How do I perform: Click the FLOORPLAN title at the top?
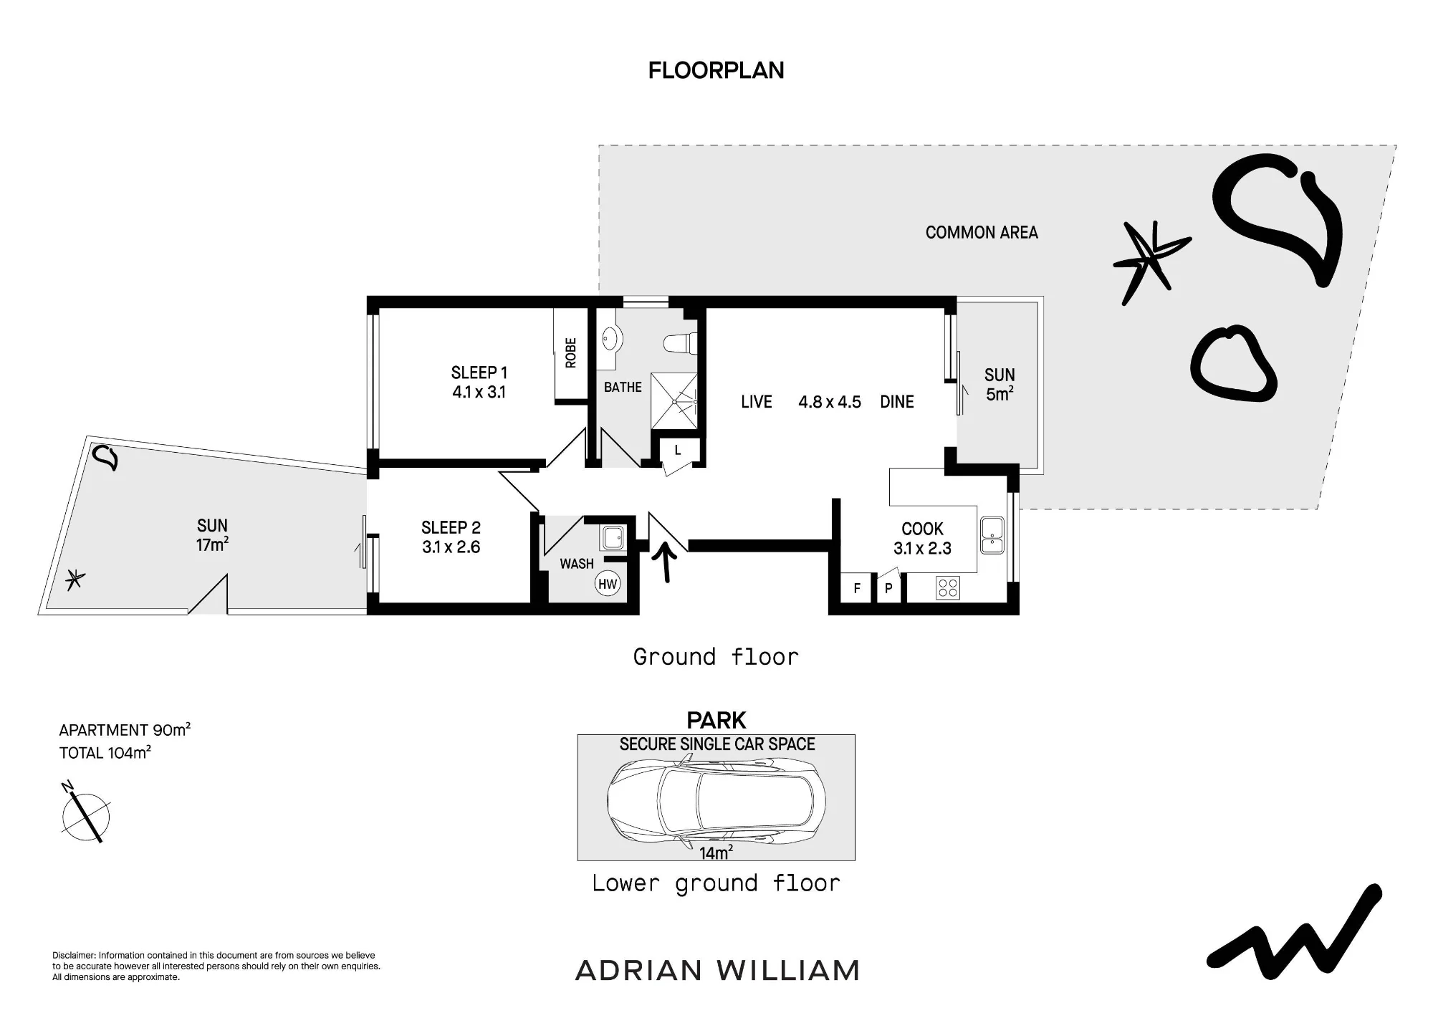[716, 70]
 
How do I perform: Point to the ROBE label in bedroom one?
[571, 352]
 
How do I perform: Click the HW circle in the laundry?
[608, 584]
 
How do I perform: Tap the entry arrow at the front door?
[666, 561]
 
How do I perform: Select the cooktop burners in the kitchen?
[948, 588]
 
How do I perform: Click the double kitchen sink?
[992, 535]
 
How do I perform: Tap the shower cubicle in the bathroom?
[674, 401]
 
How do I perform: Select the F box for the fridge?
[857, 589]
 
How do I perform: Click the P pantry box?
[888, 589]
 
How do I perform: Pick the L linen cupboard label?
[678, 451]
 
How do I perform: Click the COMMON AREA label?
[982, 232]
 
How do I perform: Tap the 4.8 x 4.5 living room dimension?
[830, 402]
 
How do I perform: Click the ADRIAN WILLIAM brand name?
[717, 971]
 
